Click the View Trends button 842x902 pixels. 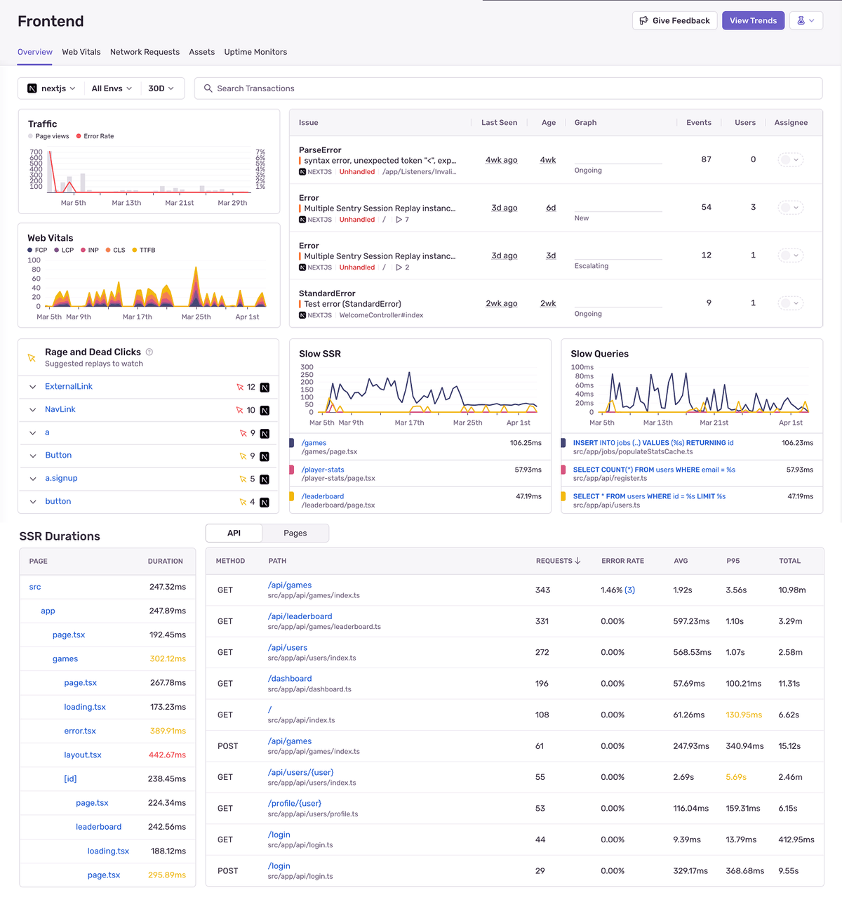pyautogui.click(x=753, y=20)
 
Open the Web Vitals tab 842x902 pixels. pyautogui.click(x=81, y=52)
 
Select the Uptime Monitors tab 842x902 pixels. pyautogui.click(x=255, y=52)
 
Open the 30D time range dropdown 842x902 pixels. pyautogui.click(x=161, y=88)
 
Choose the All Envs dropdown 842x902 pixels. pyautogui.click(x=112, y=88)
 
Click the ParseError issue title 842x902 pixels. pyautogui.click(x=320, y=150)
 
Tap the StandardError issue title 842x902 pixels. pyautogui.click(x=327, y=293)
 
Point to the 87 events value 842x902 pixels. pyautogui.click(x=706, y=159)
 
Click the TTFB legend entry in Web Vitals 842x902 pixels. pyautogui.click(x=147, y=250)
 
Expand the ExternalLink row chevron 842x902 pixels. pyautogui.click(x=33, y=387)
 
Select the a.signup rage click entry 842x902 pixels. pyautogui.click(x=61, y=478)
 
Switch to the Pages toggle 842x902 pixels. pyautogui.click(x=295, y=533)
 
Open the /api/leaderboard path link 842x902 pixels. pyautogui.click(x=300, y=616)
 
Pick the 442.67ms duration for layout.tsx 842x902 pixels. pyautogui.click(x=167, y=755)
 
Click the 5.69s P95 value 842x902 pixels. pyautogui.click(x=736, y=777)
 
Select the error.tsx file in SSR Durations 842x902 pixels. pyautogui.click(x=80, y=731)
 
